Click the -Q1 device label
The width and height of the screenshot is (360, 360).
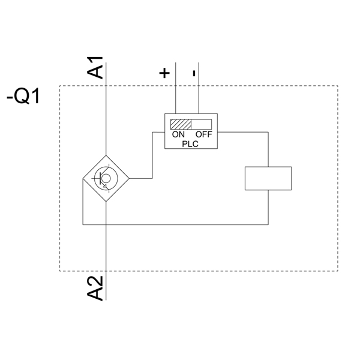click(23, 95)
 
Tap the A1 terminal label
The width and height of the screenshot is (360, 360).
click(95, 67)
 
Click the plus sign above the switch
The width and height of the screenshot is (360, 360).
click(164, 73)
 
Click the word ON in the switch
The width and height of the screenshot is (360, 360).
click(179, 134)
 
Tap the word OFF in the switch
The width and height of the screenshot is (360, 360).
click(203, 134)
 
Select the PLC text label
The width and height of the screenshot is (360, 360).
click(190, 143)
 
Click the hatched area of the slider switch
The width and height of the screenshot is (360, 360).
click(180, 124)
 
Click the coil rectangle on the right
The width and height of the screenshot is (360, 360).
click(268, 178)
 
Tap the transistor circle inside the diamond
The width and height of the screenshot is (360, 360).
click(106, 178)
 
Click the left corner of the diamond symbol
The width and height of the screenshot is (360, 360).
click(82, 178)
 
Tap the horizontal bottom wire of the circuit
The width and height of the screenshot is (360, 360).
click(180, 225)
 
